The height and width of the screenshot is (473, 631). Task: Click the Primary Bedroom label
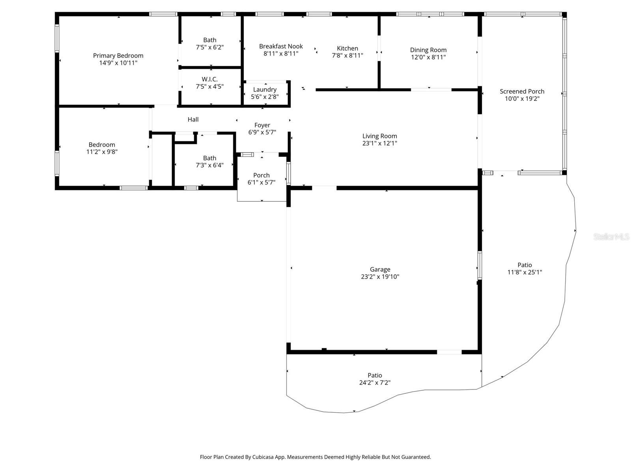[x=118, y=56]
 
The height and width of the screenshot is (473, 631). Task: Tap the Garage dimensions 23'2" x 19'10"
[x=380, y=277]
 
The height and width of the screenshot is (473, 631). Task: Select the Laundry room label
[x=265, y=89]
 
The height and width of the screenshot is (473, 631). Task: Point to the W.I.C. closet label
[x=209, y=79]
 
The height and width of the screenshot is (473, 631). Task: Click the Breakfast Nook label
[x=280, y=46]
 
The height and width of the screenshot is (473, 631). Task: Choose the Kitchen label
[x=347, y=48]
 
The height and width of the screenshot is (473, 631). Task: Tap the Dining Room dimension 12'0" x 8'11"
[x=428, y=57]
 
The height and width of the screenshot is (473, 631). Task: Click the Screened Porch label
[x=522, y=91]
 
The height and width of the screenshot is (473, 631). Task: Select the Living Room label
[x=379, y=136]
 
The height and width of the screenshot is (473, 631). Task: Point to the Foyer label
[x=262, y=125]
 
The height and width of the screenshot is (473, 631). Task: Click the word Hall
[x=193, y=119]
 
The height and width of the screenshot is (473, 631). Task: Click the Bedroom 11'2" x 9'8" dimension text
[x=102, y=152]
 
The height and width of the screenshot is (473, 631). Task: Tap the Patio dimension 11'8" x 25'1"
[x=525, y=272]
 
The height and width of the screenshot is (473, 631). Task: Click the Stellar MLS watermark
[x=611, y=236]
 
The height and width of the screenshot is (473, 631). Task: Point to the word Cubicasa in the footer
[x=263, y=457]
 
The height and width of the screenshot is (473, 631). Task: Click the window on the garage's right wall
[x=480, y=266]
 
